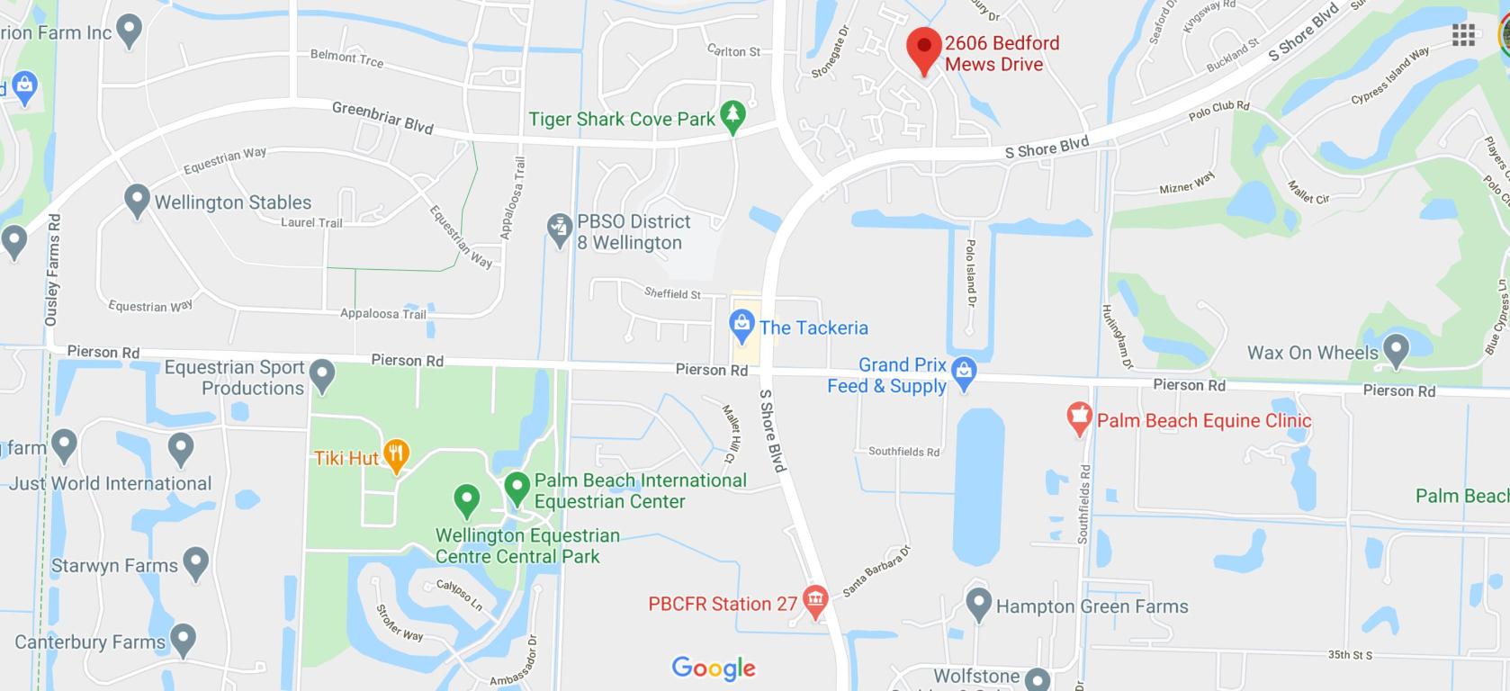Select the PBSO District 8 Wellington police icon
point(560,230)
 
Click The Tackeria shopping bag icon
point(742,326)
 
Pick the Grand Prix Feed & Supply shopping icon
point(964,373)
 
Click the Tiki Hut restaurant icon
point(396,455)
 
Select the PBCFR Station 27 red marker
point(815,600)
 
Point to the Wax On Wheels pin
point(1396,350)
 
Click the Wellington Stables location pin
point(137,201)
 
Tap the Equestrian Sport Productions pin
point(322,375)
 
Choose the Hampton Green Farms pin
point(978,604)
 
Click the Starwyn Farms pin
point(195,564)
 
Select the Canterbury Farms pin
point(184,640)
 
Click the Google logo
point(714,668)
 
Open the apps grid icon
point(1463,35)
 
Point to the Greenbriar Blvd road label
point(382,118)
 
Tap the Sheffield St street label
point(672,293)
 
